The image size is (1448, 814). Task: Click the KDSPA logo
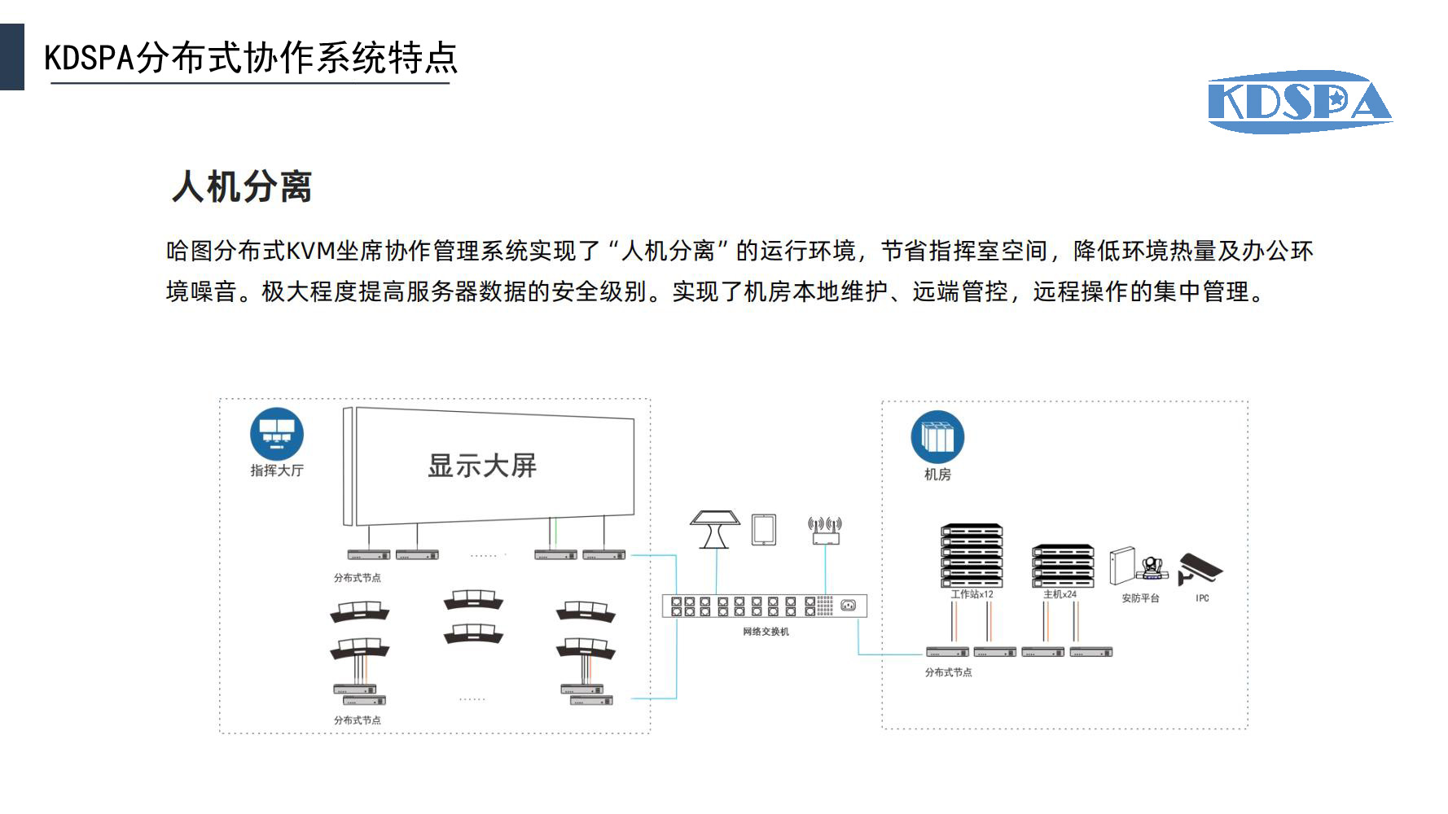pyautogui.click(x=1299, y=103)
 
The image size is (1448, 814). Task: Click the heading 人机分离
pyautogui.click(x=242, y=186)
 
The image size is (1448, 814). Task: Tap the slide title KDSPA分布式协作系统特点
pyautogui.click(x=251, y=58)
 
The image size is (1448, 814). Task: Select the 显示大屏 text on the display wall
pyautogui.click(x=482, y=466)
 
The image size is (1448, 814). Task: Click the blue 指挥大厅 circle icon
pyautogui.click(x=277, y=434)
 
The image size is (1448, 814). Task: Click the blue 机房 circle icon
pyautogui.click(x=937, y=437)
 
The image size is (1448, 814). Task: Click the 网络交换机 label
pyautogui.click(x=766, y=632)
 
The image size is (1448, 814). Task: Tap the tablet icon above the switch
pyautogui.click(x=763, y=529)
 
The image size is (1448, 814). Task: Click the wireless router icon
pyautogui.click(x=825, y=529)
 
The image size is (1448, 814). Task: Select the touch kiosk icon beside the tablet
pyautogui.click(x=715, y=529)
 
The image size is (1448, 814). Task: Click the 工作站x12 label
pyautogui.click(x=972, y=594)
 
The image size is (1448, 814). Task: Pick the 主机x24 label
pyautogui.click(x=1060, y=594)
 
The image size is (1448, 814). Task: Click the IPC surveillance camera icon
pyautogui.click(x=1200, y=568)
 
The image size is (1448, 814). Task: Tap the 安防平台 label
pyautogui.click(x=1140, y=598)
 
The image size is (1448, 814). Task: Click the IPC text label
pyautogui.click(x=1202, y=598)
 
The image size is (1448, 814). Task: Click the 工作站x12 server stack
pyautogui.click(x=972, y=556)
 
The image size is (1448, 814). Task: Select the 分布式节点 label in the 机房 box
pyautogui.click(x=948, y=672)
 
